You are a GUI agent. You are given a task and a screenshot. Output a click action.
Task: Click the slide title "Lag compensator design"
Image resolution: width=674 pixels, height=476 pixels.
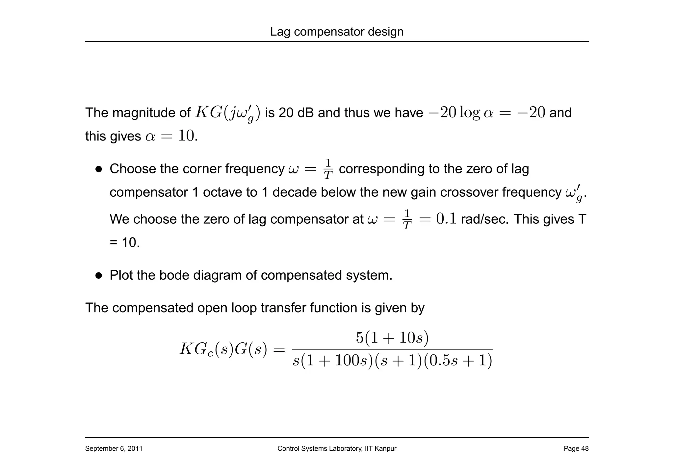[x=337, y=32]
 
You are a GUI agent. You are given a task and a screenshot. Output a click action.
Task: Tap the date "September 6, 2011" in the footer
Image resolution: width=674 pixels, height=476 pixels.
[x=114, y=448]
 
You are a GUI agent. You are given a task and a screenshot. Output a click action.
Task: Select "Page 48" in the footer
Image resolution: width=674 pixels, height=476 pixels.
[x=576, y=448]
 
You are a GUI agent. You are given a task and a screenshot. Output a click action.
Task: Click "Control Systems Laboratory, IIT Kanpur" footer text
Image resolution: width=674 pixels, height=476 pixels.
[x=337, y=448]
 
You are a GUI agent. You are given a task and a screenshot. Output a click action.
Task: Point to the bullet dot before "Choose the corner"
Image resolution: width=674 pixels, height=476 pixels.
[x=99, y=169]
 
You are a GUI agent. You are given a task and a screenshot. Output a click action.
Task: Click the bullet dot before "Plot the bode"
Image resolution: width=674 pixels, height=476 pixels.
[x=99, y=275]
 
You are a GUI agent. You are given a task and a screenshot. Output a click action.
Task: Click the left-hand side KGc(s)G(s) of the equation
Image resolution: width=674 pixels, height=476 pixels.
[x=223, y=349]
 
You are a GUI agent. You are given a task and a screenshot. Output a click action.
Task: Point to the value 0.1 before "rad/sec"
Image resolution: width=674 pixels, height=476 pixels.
[x=446, y=219]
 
